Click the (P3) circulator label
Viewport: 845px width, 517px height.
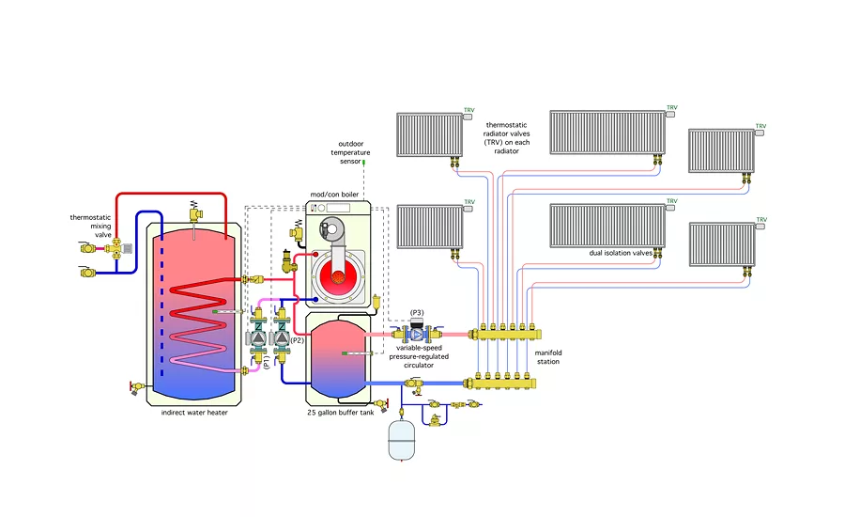[x=417, y=312]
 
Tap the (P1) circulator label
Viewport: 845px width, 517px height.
[x=266, y=361]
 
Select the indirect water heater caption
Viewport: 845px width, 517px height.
[x=194, y=412]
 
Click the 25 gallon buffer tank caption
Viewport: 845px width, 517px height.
[x=341, y=412]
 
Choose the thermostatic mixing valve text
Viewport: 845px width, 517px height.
[x=91, y=227]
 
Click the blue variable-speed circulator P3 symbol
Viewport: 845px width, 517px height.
[x=418, y=333]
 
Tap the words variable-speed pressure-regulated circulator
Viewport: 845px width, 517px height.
[x=419, y=357]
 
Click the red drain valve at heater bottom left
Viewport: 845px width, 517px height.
[x=133, y=385]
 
